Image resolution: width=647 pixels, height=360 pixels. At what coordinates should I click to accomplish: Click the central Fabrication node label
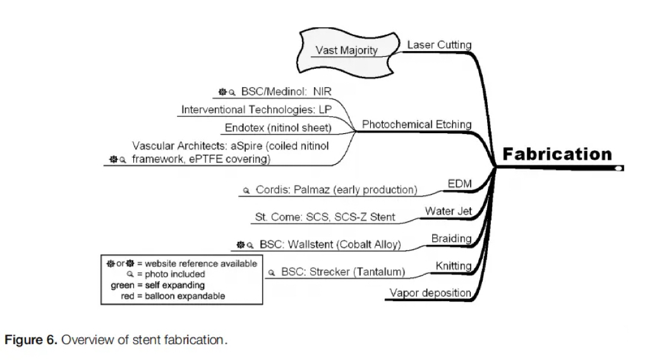click(557, 154)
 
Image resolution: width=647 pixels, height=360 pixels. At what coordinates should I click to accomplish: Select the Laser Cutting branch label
click(439, 45)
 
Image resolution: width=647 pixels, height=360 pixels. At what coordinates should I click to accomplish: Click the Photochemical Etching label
click(416, 125)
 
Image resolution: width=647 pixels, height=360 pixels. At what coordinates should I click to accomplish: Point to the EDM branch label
click(459, 184)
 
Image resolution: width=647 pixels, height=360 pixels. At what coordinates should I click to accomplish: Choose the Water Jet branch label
click(448, 211)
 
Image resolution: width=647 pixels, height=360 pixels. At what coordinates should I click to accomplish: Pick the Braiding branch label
click(451, 239)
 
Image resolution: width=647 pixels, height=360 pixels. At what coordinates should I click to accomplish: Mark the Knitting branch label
click(454, 266)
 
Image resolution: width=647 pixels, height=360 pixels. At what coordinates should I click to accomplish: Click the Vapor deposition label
click(430, 293)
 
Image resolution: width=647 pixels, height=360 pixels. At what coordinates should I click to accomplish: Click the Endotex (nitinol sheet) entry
click(279, 128)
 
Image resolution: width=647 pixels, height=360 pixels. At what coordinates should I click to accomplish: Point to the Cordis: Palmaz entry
click(336, 190)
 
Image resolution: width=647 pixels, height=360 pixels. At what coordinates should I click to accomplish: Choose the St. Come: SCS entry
click(325, 217)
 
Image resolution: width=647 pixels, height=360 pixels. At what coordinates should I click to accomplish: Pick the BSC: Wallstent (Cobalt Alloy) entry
click(330, 244)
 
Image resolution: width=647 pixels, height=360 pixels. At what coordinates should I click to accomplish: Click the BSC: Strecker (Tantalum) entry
click(343, 272)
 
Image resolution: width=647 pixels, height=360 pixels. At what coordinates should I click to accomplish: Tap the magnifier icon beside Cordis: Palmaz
click(246, 191)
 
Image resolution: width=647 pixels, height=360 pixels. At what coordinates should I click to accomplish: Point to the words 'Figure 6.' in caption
click(32, 340)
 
